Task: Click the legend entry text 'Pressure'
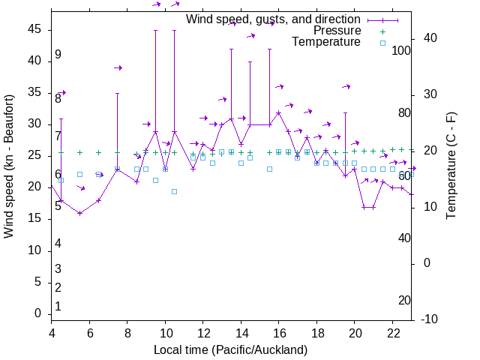click(x=337, y=31)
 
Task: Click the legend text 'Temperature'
click(x=326, y=43)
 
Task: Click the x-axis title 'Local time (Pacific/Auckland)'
click(x=230, y=350)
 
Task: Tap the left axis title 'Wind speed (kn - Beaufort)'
click(x=9, y=166)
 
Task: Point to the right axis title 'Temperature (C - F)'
click(x=451, y=166)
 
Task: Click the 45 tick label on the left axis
click(x=34, y=29)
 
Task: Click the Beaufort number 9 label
click(x=58, y=55)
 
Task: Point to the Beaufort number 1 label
click(x=58, y=307)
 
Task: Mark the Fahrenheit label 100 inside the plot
click(x=402, y=51)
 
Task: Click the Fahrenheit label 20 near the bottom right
click(x=405, y=301)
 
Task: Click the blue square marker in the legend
click(x=382, y=43)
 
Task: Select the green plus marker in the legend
click(x=382, y=31)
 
